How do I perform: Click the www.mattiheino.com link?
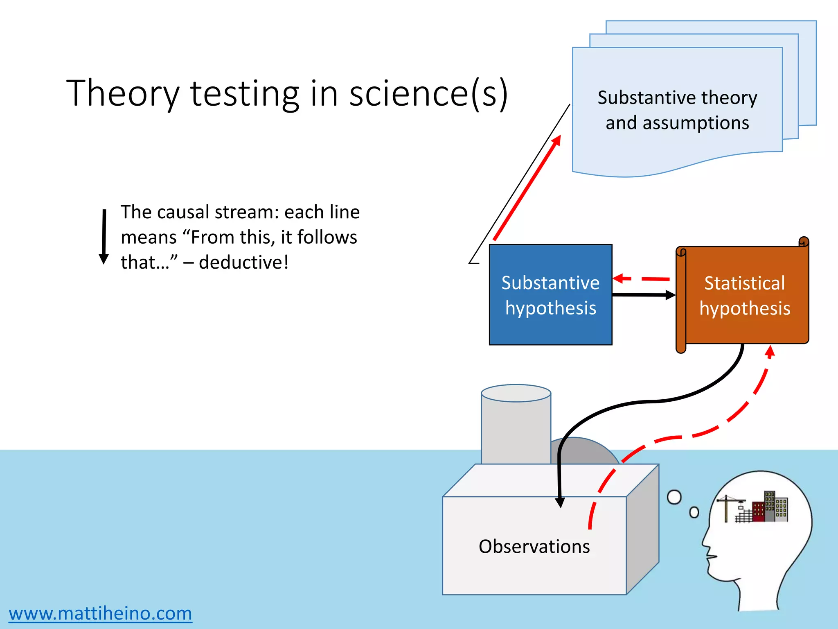point(100,613)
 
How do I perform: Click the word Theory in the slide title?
point(123,93)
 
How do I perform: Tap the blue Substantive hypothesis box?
point(550,295)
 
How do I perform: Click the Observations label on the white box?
point(534,547)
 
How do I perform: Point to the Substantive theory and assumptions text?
point(677,110)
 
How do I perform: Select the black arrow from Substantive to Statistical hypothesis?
point(642,294)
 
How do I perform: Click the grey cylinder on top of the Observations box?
point(516,426)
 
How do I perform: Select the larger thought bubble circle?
point(674,498)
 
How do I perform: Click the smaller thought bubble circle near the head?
point(694,512)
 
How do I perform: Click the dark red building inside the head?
point(758,512)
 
